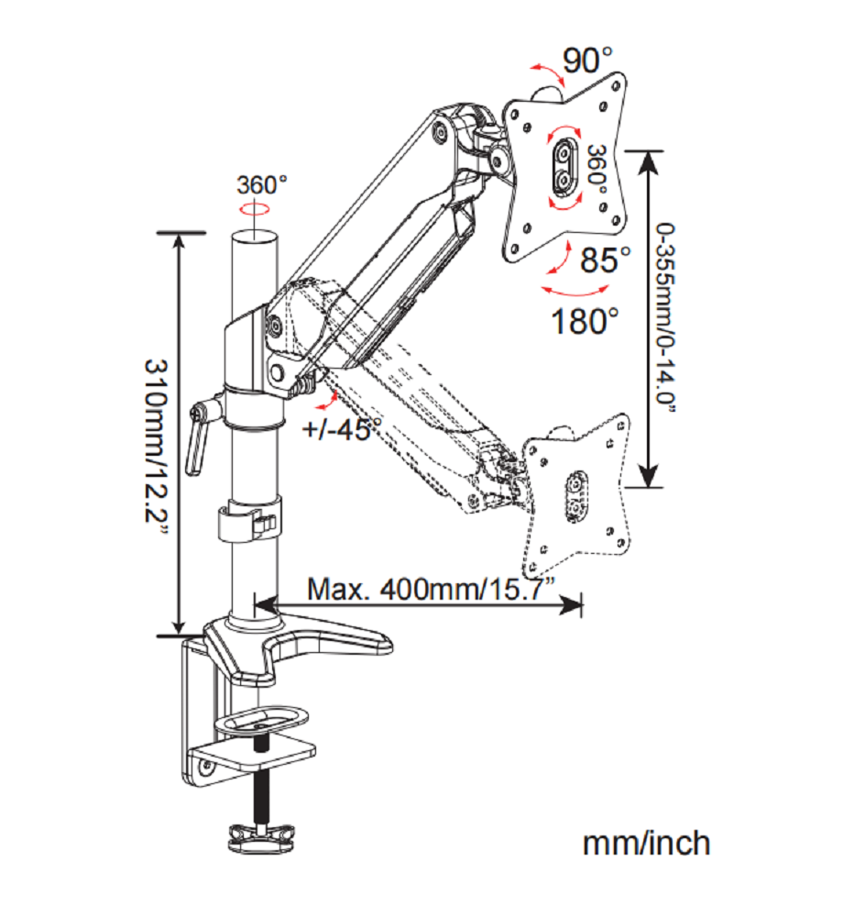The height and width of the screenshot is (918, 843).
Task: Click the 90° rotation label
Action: tap(588, 61)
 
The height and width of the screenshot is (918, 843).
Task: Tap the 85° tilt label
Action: tap(606, 260)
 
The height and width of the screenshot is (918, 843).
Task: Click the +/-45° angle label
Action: tap(344, 426)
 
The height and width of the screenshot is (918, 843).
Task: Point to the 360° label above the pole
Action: tap(262, 184)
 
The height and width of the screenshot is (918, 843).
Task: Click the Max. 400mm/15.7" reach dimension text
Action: tap(431, 588)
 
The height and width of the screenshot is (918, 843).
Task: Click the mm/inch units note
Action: tap(646, 842)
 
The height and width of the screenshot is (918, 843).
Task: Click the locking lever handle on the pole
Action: tap(194, 445)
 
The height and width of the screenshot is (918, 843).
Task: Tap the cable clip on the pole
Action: tap(247, 524)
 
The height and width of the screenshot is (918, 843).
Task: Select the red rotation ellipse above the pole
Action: tap(253, 209)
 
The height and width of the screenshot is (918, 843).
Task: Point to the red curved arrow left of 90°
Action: tap(546, 73)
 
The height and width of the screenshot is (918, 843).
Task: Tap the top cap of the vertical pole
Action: tap(253, 237)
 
